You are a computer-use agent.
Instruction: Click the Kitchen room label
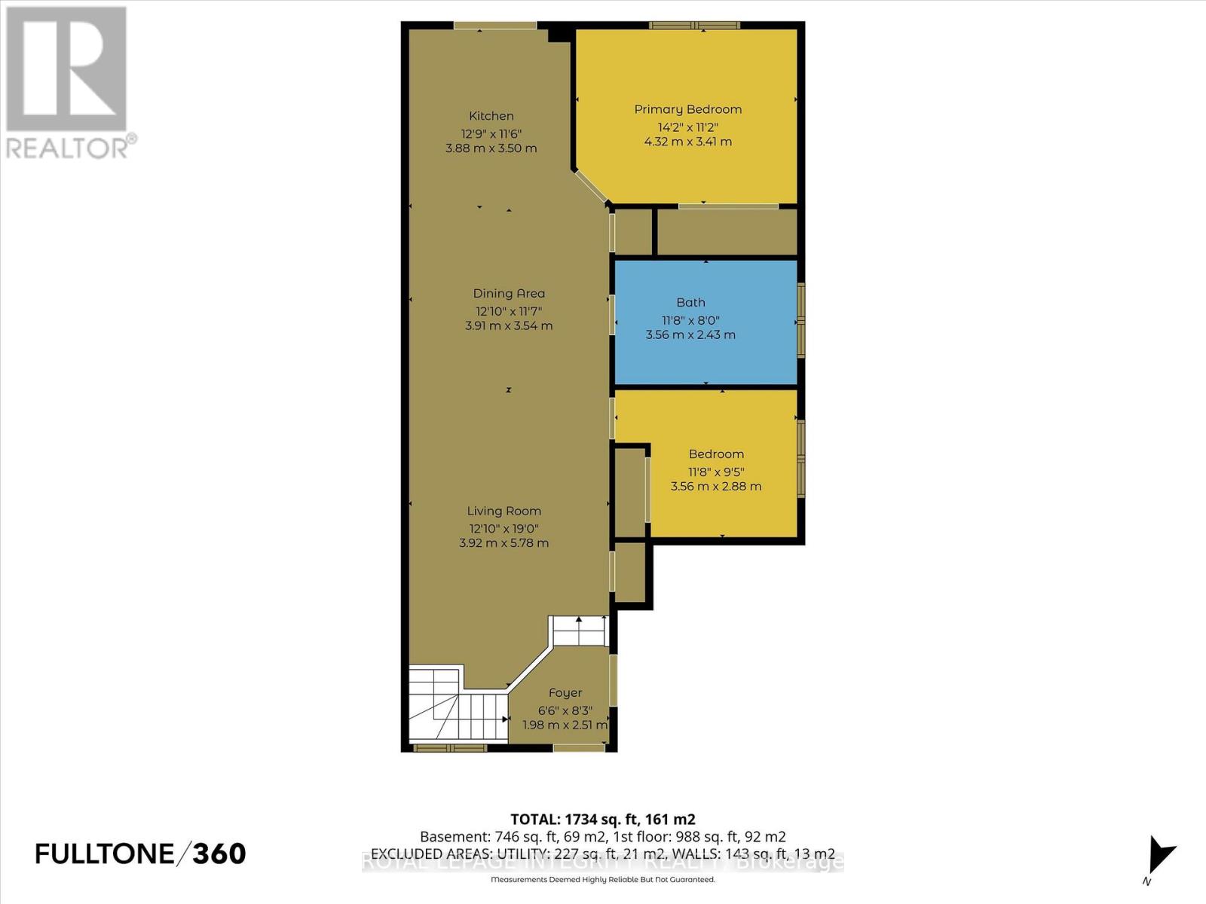tap(491, 116)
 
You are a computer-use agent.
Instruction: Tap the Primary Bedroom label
tap(687, 109)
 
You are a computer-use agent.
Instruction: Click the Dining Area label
tap(509, 294)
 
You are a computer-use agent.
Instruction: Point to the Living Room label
tap(504, 511)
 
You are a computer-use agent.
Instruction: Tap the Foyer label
tap(565, 693)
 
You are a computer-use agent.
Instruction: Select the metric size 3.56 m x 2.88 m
tap(716, 487)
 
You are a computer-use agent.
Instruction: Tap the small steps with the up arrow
tap(580, 631)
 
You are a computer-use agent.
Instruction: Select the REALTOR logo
tap(68, 83)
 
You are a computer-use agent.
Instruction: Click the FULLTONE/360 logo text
tap(140, 854)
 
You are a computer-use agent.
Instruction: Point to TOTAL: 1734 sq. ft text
tap(602, 819)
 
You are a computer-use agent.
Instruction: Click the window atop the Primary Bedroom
tap(694, 26)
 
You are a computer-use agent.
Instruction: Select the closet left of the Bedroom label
tap(631, 492)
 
